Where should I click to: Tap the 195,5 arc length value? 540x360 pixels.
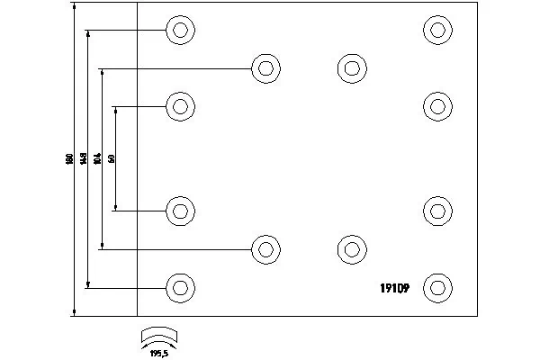161,353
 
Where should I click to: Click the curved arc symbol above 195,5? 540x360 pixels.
161,335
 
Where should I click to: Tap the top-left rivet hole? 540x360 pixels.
180,31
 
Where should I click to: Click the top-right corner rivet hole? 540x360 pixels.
437,31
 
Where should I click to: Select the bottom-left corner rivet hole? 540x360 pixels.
180,288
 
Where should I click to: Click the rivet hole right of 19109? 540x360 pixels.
437,288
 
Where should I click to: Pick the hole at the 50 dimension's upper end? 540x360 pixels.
180,107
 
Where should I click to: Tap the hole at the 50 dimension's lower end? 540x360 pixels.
180,211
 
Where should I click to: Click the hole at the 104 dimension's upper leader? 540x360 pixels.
265,68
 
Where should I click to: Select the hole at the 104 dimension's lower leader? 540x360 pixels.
265,249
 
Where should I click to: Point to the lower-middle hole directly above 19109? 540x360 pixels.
351,249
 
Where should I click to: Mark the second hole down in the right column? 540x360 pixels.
437,107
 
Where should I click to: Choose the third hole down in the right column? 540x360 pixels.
437,211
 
